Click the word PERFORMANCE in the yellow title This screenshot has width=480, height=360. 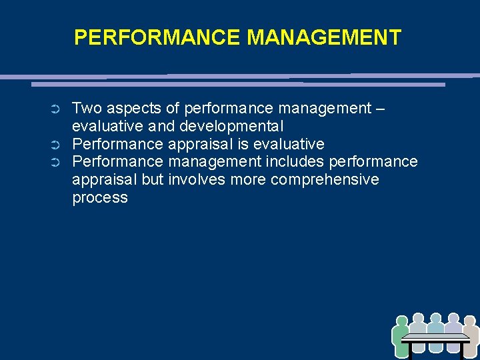[x=157, y=37]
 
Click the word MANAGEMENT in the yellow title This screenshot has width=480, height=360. [x=324, y=37]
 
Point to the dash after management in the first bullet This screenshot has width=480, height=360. [x=380, y=108]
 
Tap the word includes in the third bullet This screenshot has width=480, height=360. [x=295, y=162]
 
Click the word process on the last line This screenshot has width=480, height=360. [x=100, y=198]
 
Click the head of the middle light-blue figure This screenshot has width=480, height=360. [x=436, y=319]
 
